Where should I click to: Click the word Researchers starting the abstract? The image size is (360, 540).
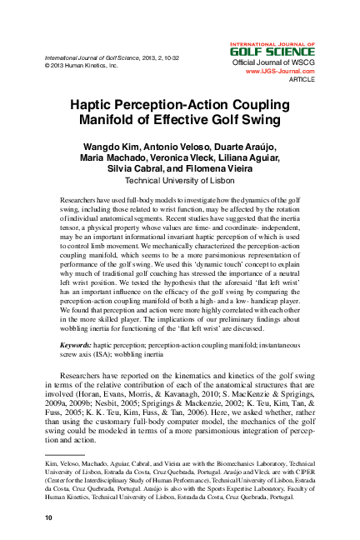point(82,202)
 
